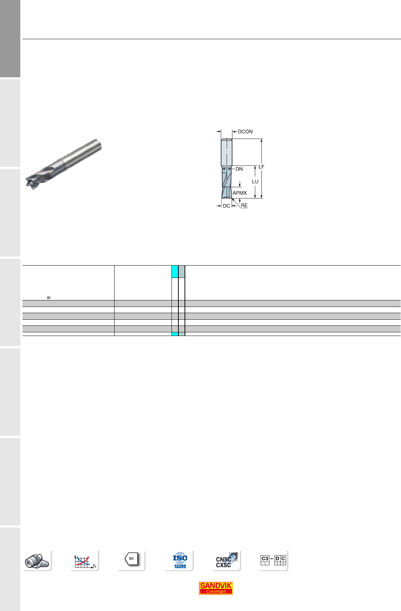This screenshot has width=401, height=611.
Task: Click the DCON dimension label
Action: [245, 131]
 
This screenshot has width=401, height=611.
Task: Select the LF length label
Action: [261, 167]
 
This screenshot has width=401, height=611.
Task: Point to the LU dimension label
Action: [255, 181]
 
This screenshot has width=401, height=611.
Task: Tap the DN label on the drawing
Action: [239, 169]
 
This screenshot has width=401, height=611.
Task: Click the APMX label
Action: [240, 193]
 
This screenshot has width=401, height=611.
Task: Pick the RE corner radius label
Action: [244, 205]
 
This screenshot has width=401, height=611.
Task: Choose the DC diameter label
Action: [226, 206]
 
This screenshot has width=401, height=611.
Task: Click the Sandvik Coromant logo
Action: [216, 589]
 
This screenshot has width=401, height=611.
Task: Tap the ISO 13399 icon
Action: [180, 561]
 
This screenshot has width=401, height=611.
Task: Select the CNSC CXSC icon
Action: [226, 561]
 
